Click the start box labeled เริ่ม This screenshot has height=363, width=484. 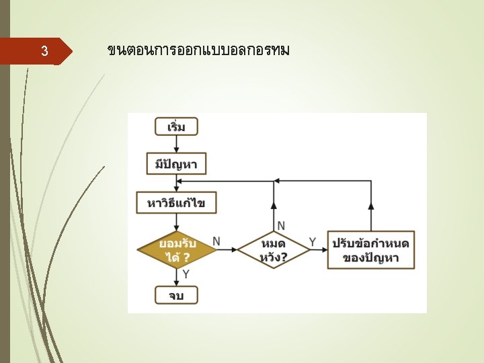[176, 126]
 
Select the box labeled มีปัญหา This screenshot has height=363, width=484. [176, 164]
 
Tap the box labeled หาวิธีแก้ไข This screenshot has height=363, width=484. [176, 202]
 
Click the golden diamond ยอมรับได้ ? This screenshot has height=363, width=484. [177, 249]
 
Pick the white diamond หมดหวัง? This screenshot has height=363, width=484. [273, 249]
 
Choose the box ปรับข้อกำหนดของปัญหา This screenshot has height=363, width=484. [370, 249]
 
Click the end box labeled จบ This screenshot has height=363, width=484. [176, 294]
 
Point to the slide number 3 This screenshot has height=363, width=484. [44, 51]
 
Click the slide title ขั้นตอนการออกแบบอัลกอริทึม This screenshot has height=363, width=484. [198, 50]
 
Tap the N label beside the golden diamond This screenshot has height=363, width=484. [216, 240]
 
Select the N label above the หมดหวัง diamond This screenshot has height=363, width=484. [281, 225]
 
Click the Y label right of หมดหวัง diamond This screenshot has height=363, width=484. [313, 240]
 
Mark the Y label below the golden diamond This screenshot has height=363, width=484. [186, 274]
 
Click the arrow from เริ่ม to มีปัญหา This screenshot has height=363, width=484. [176, 145]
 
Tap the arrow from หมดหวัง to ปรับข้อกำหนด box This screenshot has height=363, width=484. [319, 250]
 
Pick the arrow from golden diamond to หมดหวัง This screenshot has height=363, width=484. [227, 250]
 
